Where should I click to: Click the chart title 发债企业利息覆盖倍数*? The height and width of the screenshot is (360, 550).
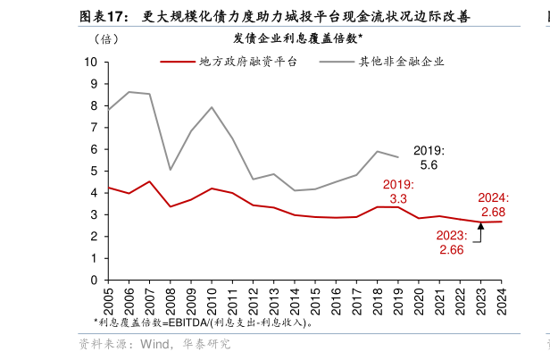(297, 38)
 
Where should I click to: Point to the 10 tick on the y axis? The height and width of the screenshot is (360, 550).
(91, 62)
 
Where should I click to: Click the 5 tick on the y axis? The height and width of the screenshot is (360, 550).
(95, 171)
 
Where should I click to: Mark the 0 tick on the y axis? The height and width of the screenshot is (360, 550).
(95, 280)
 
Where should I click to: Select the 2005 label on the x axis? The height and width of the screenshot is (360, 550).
(108, 297)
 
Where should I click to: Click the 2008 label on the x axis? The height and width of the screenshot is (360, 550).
(170, 297)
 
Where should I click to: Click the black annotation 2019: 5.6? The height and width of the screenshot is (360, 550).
(428, 158)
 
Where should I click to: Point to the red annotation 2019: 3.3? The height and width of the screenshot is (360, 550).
(398, 191)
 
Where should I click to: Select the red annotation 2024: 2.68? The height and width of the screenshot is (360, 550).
(493, 205)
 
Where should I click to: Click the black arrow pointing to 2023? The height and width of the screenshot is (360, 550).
(480, 232)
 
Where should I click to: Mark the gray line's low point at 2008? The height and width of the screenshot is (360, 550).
(170, 169)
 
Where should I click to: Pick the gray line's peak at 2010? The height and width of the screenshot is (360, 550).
(212, 107)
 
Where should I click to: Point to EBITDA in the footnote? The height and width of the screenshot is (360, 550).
(187, 322)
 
